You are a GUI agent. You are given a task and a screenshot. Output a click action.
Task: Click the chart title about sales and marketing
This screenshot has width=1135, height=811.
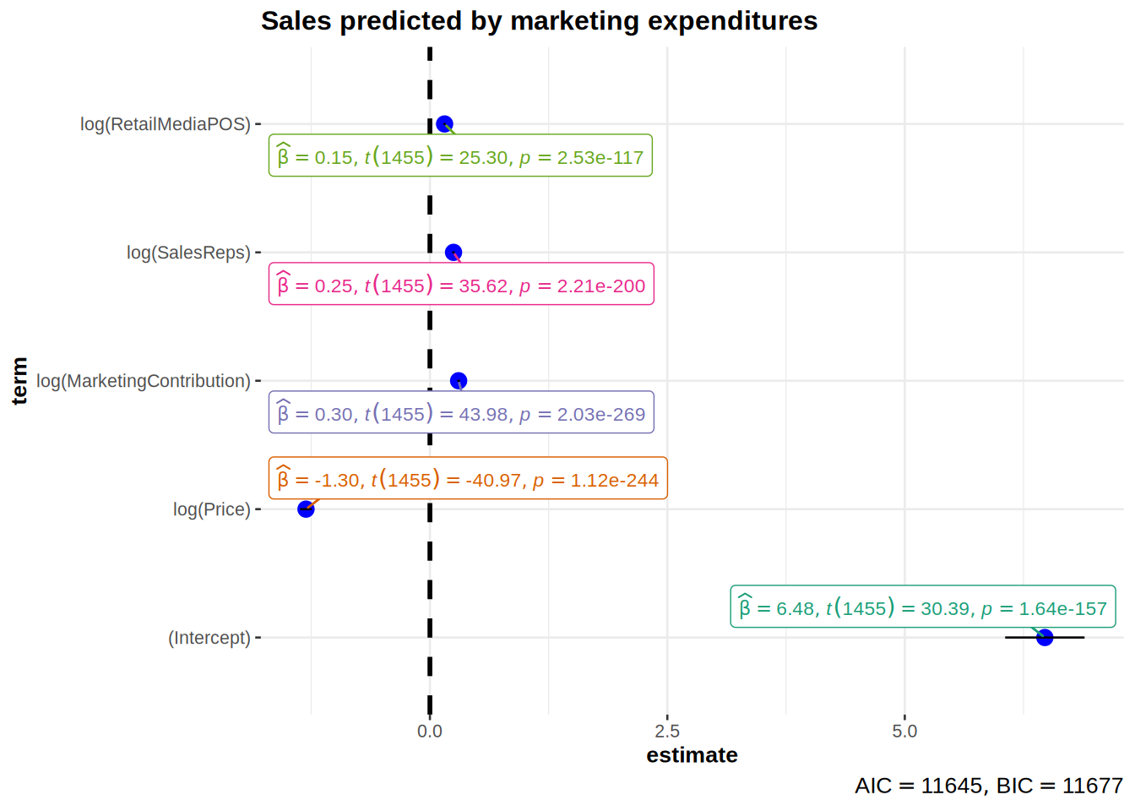coord(539,20)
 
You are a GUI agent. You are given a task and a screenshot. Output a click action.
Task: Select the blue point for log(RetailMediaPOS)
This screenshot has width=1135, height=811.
coord(444,124)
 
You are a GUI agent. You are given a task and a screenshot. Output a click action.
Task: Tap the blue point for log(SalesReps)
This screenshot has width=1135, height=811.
coord(453,253)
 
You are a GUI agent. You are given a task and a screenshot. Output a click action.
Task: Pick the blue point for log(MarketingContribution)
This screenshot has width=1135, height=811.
coord(459,381)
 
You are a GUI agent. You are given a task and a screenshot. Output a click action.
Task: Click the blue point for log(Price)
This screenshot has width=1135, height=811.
coord(306,509)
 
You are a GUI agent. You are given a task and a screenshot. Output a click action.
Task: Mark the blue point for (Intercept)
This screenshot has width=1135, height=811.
coord(1045,637)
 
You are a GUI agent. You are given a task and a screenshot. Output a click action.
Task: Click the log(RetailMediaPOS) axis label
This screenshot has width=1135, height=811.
coord(166,124)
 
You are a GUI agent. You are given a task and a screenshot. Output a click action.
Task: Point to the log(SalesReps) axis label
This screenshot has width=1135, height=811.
coord(188,253)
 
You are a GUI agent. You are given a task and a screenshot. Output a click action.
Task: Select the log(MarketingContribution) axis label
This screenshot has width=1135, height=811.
coord(144,381)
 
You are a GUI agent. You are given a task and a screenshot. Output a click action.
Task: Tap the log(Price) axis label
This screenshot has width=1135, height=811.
coord(212,509)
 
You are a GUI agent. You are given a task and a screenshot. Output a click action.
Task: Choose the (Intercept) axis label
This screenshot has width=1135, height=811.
coord(209,638)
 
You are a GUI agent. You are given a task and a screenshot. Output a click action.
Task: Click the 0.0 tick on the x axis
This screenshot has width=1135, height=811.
coord(430,732)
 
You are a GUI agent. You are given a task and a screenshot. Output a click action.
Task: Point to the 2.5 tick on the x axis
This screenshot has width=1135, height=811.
coord(667,732)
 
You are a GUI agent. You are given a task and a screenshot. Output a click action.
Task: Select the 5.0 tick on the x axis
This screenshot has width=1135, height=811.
coord(904,732)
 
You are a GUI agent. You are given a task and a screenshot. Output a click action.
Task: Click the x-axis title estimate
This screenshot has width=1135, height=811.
coord(692,755)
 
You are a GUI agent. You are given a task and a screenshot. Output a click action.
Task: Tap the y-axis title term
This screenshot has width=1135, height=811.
coord(19,381)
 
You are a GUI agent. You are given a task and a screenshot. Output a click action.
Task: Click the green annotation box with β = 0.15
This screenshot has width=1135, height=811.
coord(460,155)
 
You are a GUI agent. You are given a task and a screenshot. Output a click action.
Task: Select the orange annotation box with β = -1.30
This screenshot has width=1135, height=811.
coord(468,478)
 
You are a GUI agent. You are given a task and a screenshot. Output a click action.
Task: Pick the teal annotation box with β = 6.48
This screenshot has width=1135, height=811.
coord(922,607)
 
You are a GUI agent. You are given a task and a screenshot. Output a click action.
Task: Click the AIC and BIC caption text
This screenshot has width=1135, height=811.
coord(988,787)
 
